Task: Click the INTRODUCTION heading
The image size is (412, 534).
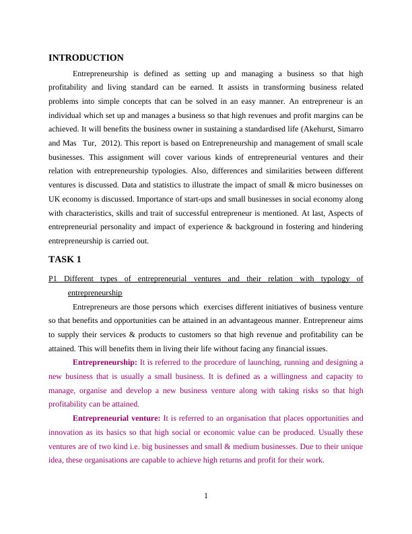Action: tap(86, 58)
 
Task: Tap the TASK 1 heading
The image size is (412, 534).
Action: tap(65, 259)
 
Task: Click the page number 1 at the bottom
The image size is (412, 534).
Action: tap(206, 496)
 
